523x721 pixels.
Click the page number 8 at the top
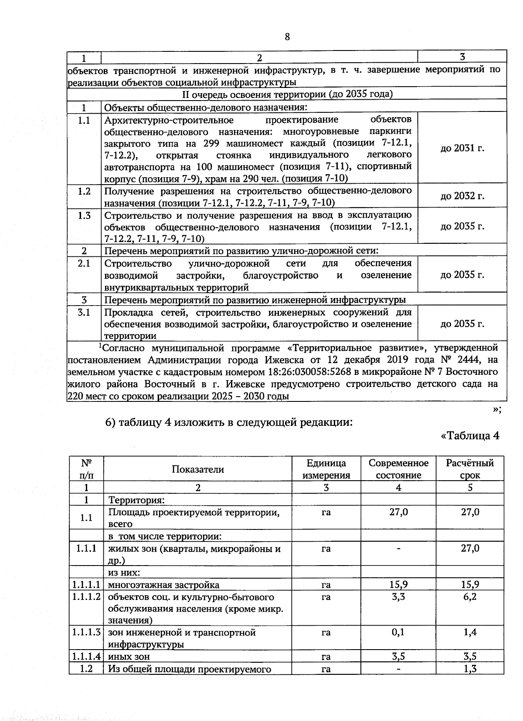287,37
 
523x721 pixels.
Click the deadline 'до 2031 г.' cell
462,148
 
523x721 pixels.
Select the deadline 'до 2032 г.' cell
462,196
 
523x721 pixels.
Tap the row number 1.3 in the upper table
84,216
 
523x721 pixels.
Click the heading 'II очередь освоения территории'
287,94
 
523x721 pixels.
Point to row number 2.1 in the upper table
84,263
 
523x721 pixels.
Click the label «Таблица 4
470,436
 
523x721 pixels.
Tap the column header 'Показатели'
197,469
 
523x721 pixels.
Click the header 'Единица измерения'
326,469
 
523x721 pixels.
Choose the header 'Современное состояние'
398,469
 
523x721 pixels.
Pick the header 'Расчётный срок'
470,469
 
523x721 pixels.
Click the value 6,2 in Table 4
470,597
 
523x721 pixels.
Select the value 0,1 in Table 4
398,632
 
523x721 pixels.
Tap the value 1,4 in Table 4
470,632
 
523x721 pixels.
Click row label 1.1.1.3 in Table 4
86,632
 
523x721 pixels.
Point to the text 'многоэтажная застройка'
164,585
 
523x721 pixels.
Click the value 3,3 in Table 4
398,597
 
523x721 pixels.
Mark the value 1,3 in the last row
470,669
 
